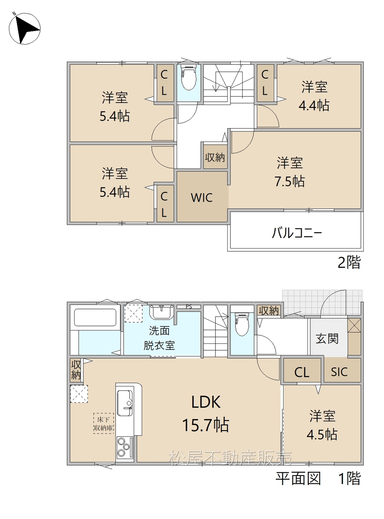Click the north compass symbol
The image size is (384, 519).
[24, 28]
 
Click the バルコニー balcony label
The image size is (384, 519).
[297, 233]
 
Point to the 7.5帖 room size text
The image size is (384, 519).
[290, 181]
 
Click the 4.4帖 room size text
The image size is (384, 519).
[314, 105]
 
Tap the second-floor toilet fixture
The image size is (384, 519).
[188, 78]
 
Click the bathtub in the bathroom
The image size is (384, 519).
[95, 317]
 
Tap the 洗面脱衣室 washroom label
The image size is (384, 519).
[159, 338]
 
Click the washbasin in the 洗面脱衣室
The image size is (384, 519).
[161, 312]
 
